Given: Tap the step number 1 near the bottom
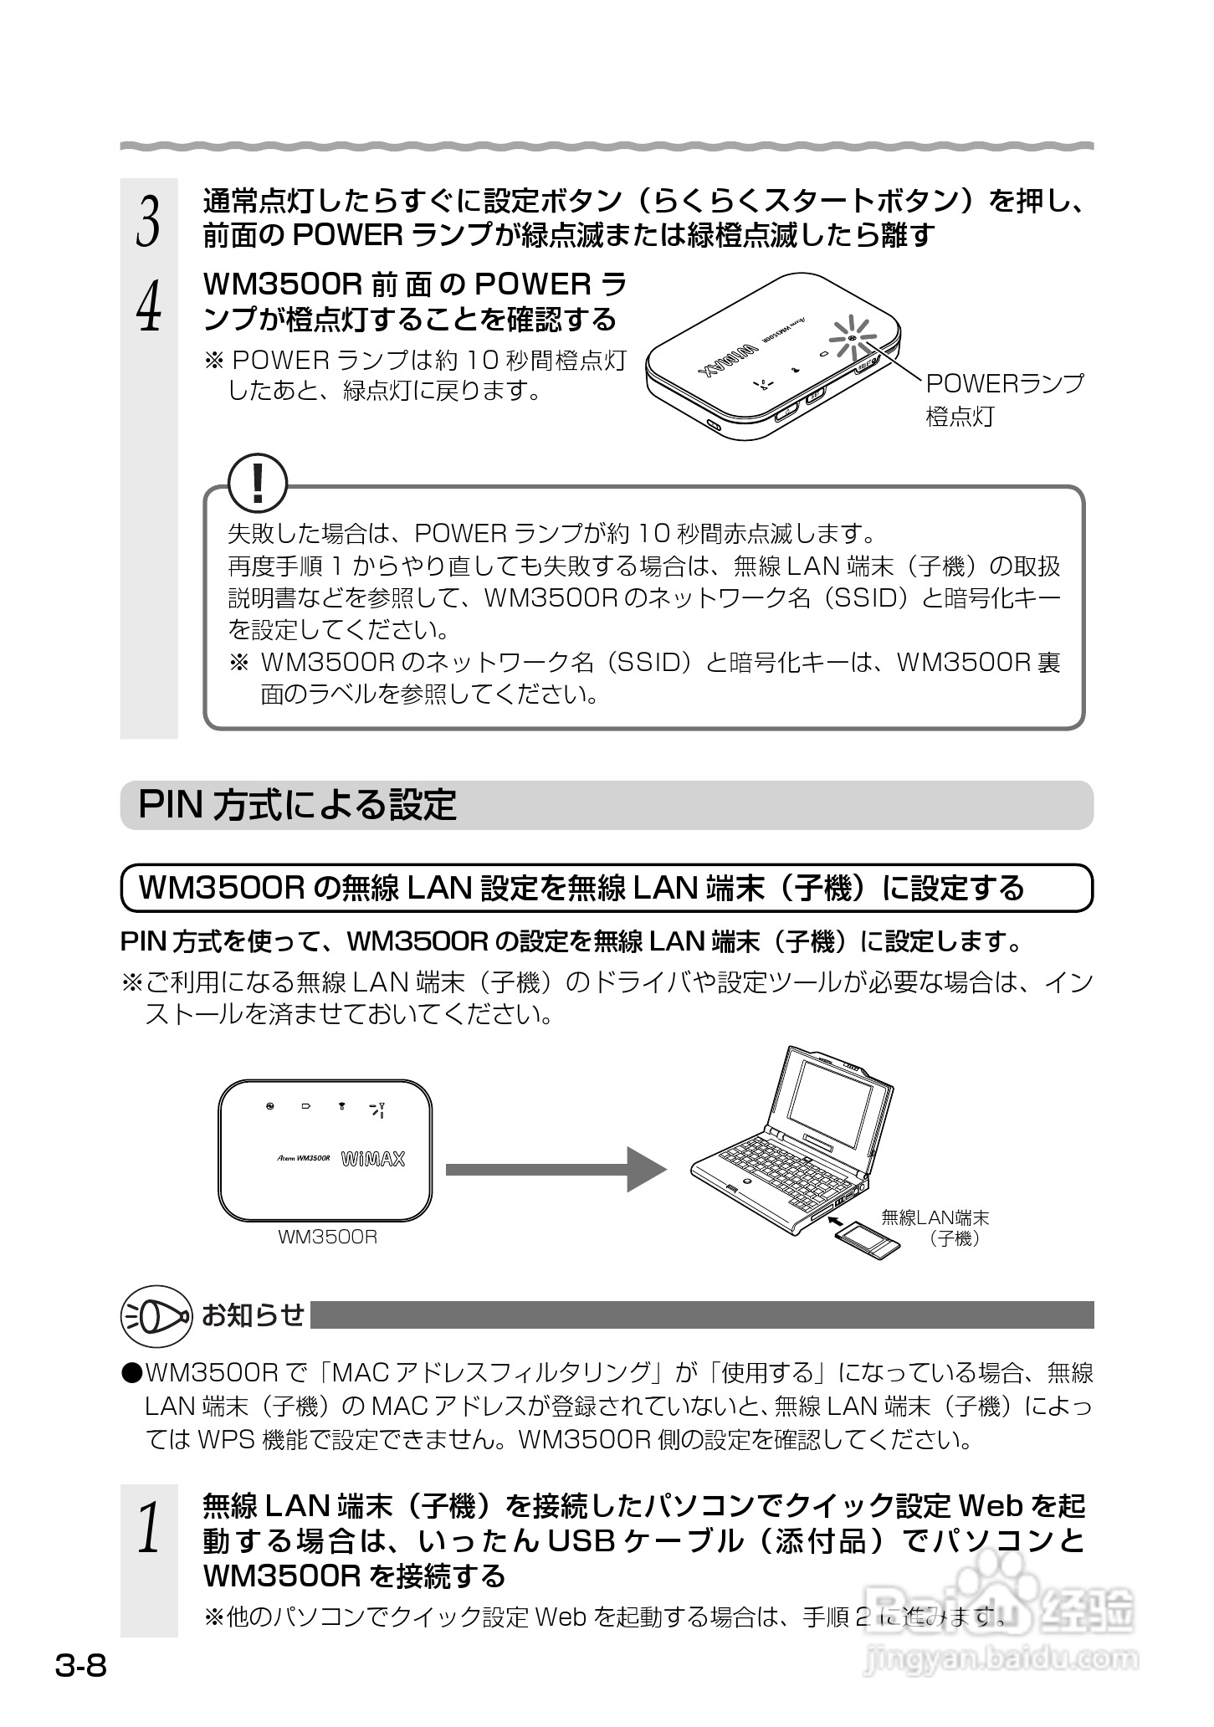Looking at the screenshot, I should [148, 1528].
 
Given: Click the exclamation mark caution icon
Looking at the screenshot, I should [259, 484].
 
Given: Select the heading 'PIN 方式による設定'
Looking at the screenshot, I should [297, 805].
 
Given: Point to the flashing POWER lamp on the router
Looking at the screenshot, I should [851, 339].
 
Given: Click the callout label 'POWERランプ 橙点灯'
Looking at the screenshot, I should [1002, 400].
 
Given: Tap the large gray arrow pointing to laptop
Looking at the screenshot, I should [556, 1169].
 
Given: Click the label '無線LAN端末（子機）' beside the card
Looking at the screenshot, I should [935, 1228].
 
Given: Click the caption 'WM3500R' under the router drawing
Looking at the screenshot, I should [327, 1237].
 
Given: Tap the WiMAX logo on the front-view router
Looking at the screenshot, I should [373, 1159].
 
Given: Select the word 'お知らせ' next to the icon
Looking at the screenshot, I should [253, 1315].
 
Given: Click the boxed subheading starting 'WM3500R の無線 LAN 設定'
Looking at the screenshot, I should [581, 888].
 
